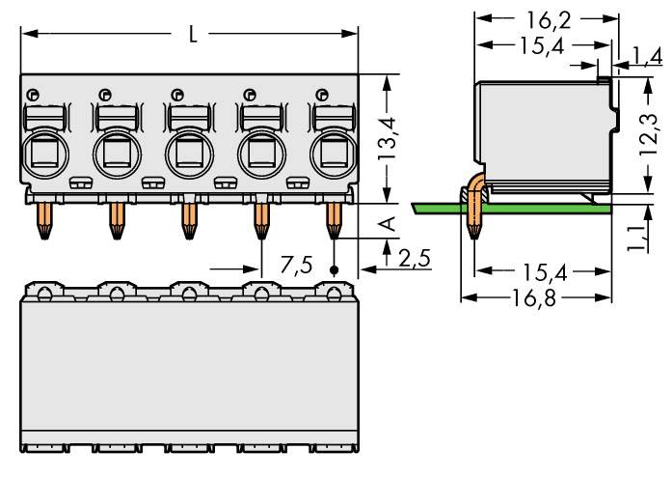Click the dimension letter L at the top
[x=193, y=35]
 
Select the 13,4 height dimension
[x=389, y=141]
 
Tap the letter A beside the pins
[x=389, y=225]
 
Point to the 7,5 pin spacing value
[x=296, y=265]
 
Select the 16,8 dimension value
[x=535, y=297]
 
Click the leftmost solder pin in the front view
[x=43, y=220]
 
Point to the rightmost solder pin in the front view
[x=334, y=220]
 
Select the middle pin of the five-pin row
[x=188, y=220]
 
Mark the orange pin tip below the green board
[x=473, y=228]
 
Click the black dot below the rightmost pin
[x=335, y=269]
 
